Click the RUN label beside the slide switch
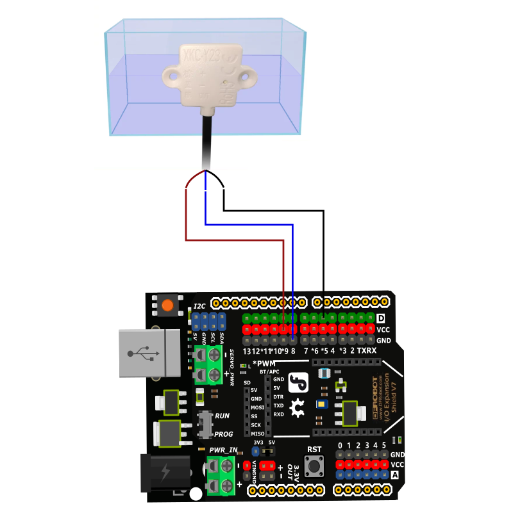pyautogui.click(x=222, y=416)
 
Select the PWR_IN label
pyautogui.click(x=223, y=450)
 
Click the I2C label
pyautogui.click(x=200, y=307)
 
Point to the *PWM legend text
pyautogui.click(x=265, y=364)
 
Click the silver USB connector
pyautogui.click(x=151, y=352)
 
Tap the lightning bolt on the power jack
pyautogui.click(x=165, y=473)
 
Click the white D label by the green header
pyautogui.click(x=382, y=318)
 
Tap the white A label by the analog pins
pyautogui.click(x=395, y=475)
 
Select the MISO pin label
pyautogui.click(x=257, y=434)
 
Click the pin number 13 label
pyautogui.click(x=246, y=351)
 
